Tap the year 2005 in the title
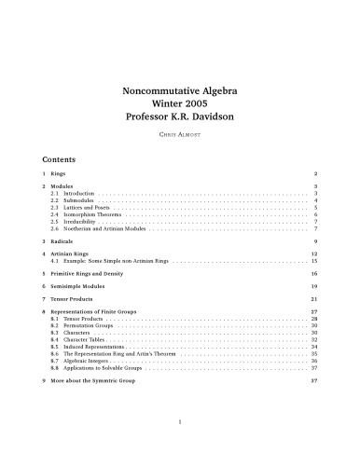coord(206,104)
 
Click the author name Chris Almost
coord(180,136)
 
